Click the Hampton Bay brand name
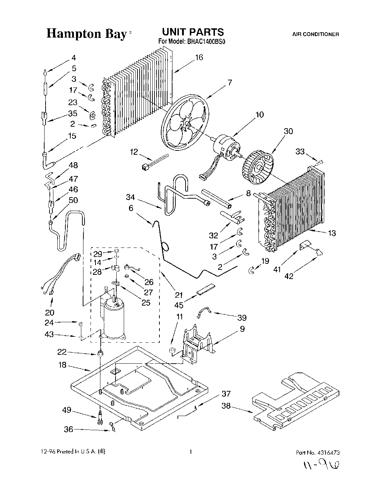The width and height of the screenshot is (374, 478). point(87,34)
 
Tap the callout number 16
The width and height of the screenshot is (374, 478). point(199,57)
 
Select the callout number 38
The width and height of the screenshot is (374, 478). point(226,406)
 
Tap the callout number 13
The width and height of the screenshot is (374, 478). point(332,233)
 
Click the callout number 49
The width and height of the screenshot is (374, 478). point(66,410)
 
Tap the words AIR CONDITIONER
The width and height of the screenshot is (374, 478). point(316,34)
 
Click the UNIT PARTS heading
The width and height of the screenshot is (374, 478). point(192,32)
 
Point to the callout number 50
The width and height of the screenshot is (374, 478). point(73,200)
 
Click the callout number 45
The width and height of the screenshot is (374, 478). point(180,305)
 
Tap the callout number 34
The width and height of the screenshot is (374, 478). point(130,197)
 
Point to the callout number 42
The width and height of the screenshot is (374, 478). point(289,276)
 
